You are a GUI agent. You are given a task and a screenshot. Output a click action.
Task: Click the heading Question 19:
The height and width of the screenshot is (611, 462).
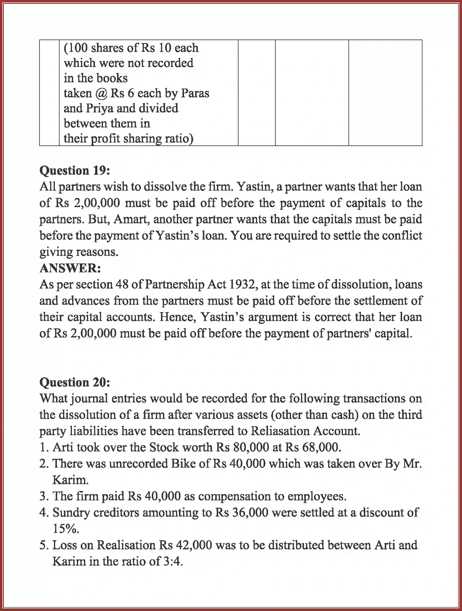pyautogui.click(x=75, y=171)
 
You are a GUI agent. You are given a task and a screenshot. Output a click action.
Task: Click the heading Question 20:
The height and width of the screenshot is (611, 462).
pyautogui.click(x=75, y=382)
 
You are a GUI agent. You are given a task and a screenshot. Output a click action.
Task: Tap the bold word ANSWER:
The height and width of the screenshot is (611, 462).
pyautogui.click(x=70, y=268)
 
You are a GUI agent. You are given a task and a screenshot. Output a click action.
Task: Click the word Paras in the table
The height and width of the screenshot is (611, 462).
pyautogui.click(x=195, y=93)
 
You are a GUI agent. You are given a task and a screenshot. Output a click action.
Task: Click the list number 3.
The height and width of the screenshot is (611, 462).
pyautogui.click(x=43, y=496)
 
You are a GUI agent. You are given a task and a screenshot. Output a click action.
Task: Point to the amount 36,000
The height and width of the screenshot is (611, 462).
pyautogui.click(x=250, y=512)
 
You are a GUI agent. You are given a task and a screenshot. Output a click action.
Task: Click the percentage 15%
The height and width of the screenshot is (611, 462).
pyautogui.click(x=66, y=529)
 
